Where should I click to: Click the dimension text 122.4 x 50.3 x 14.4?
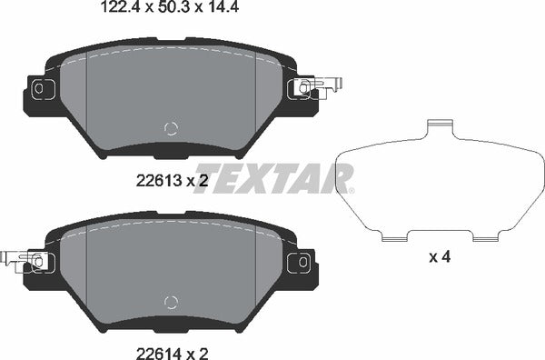tap(162, 10)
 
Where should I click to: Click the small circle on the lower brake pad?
tap(170, 303)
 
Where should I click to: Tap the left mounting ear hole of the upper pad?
tap(39, 88)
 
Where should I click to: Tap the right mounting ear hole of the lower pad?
tap(297, 262)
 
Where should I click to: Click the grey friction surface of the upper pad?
tap(170, 91)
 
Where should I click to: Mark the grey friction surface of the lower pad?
tap(170, 264)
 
